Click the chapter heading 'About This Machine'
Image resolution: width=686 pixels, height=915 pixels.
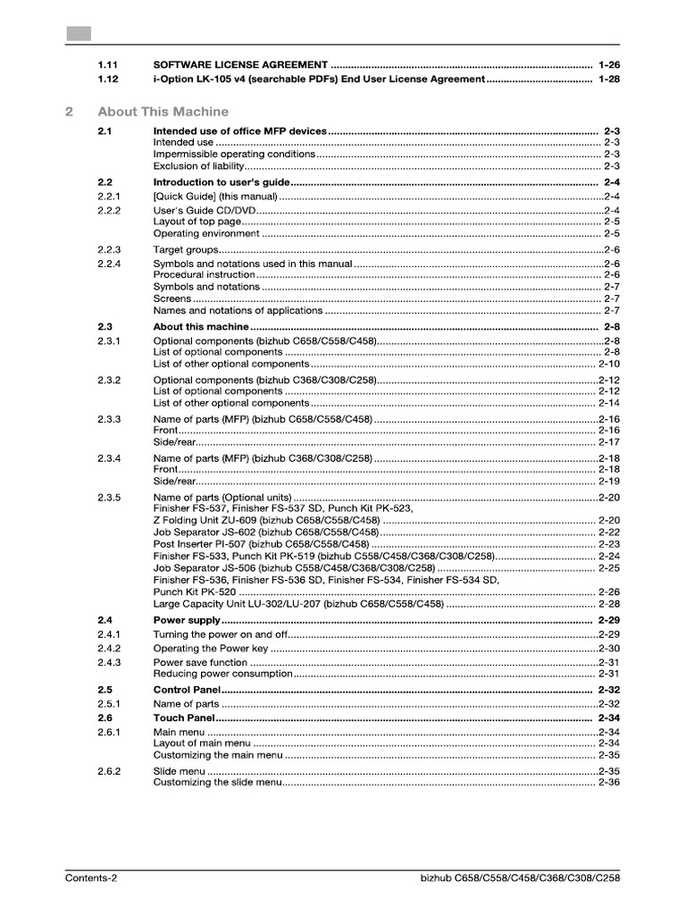(163, 112)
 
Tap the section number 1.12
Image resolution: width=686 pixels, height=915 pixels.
(108, 79)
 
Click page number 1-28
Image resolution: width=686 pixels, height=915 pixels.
(609, 79)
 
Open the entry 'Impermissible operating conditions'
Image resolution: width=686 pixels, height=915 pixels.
(234, 154)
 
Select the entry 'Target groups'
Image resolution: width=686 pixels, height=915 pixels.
(186, 249)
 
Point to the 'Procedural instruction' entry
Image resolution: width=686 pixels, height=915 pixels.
(205, 275)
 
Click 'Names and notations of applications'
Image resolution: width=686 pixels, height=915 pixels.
(238, 311)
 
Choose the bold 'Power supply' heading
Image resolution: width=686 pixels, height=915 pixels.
(187, 620)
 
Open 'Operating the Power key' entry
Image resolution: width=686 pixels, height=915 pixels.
(211, 649)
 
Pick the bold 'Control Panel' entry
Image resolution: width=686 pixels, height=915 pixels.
(186, 691)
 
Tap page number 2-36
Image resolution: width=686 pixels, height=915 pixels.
(609, 783)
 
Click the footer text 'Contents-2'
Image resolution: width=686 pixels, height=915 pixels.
(91, 878)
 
